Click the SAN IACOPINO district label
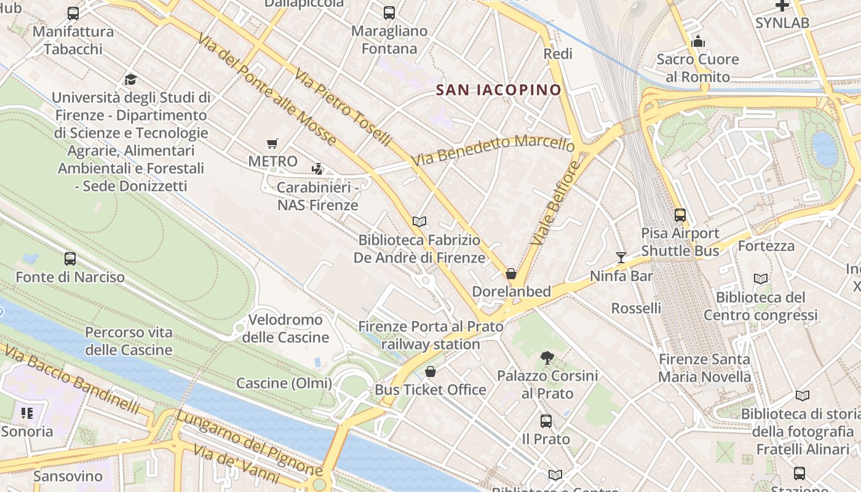(498, 90)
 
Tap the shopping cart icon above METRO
(272, 144)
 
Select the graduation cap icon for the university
(130, 79)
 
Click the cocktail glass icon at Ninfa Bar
(621, 257)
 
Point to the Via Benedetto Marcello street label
(493, 150)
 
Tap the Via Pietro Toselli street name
(343, 107)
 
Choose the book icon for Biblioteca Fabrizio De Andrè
(419, 221)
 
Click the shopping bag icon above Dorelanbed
(510, 274)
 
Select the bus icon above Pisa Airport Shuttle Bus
(680, 215)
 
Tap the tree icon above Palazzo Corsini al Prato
(547, 357)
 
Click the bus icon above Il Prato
(546, 421)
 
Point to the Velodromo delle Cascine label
(285, 328)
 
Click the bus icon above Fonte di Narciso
(70, 259)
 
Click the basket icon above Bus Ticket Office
(430, 371)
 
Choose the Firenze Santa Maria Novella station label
(704, 368)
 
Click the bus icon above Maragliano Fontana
(389, 13)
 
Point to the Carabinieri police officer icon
(317, 169)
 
